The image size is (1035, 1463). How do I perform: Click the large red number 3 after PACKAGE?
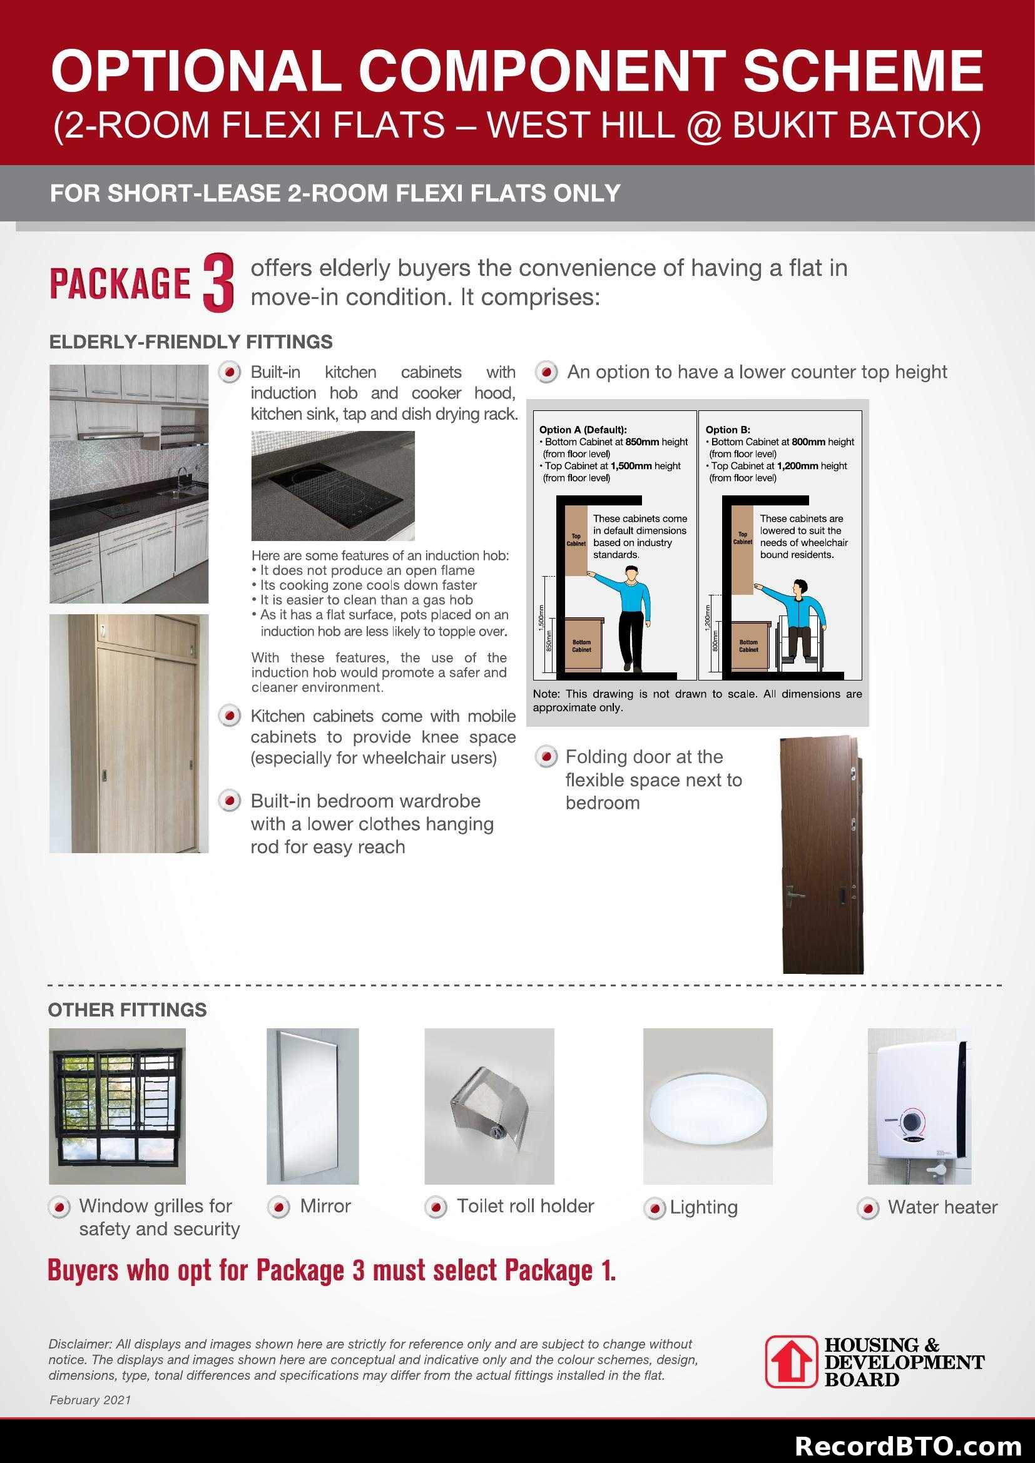click(217, 283)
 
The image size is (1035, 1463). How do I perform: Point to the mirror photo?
click(312, 1105)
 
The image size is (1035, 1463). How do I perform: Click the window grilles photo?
click(117, 1105)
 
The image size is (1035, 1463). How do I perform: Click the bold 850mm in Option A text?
click(644, 442)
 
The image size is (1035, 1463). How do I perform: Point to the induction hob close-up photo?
click(333, 485)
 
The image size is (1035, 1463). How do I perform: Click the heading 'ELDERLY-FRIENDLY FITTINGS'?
click(191, 342)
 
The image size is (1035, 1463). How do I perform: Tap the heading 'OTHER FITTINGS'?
click(128, 1010)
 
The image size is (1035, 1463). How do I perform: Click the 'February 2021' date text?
click(90, 1400)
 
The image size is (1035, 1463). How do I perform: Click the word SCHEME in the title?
click(863, 71)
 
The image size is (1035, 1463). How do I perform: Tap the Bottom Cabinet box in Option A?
click(581, 645)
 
